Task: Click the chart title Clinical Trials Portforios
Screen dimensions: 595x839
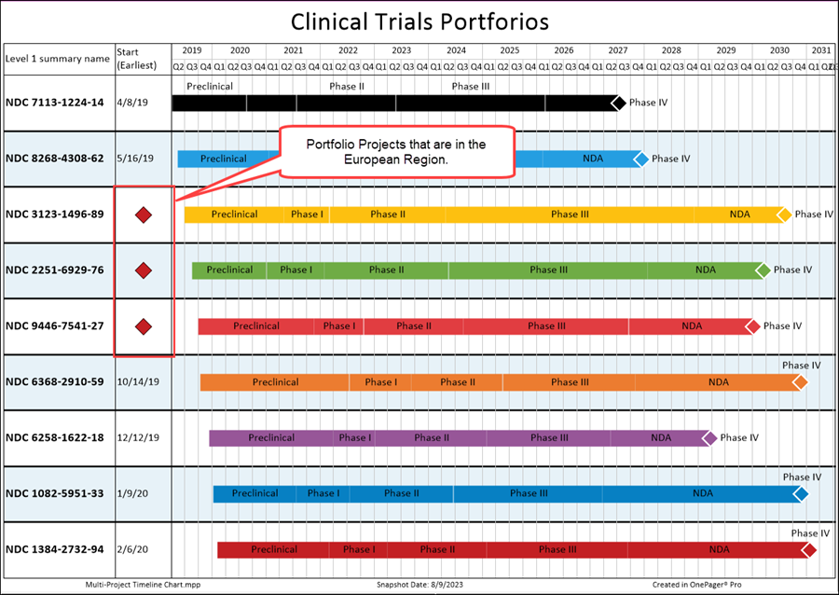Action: click(x=419, y=21)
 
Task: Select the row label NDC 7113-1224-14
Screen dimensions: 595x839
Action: click(x=54, y=103)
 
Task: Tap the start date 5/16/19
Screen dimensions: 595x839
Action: click(x=137, y=159)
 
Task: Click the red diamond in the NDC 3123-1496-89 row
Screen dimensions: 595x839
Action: click(x=144, y=215)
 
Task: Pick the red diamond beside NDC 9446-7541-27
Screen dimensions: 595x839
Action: click(x=144, y=326)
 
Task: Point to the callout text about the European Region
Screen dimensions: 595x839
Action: click(x=396, y=151)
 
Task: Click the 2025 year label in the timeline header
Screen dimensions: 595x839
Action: click(x=509, y=50)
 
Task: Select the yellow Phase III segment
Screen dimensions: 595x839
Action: click(x=570, y=214)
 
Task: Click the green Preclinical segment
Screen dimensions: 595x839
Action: click(x=229, y=270)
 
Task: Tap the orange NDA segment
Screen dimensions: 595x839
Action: click(x=718, y=382)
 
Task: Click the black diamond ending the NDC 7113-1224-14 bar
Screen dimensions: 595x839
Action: click(x=617, y=103)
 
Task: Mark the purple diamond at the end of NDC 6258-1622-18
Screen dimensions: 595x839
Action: click(x=709, y=437)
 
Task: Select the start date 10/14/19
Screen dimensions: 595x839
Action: click(x=138, y=381)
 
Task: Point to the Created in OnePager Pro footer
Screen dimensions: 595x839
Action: click(x=696, y=585)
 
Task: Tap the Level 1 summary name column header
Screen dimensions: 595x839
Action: click(x=57, y=58)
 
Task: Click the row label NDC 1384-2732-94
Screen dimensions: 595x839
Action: click(x=54, y=549)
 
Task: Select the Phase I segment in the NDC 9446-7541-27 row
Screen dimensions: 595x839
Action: click(x=338, y=326)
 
